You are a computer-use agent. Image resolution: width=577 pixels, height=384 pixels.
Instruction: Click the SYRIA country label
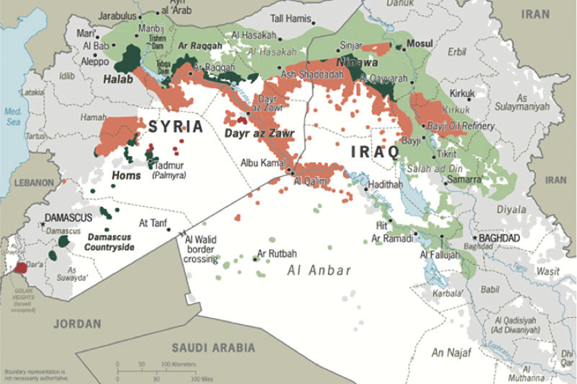175,127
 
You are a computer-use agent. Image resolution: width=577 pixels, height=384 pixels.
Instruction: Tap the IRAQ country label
375,152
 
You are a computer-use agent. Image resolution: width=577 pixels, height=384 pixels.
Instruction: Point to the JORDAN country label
78,324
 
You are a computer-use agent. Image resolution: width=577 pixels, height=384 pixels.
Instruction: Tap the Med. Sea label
14,116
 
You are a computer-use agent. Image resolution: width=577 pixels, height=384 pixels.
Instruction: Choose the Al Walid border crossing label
200,249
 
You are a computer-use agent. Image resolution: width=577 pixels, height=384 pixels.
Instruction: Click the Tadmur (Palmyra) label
169,170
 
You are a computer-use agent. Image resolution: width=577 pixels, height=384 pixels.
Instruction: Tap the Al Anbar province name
319,270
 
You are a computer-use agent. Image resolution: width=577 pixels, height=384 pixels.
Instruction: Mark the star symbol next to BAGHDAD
475,237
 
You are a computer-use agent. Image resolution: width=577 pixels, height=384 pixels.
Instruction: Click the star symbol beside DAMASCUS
43,224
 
